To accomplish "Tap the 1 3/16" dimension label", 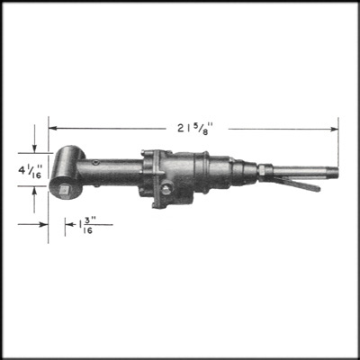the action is [x=87, y=226].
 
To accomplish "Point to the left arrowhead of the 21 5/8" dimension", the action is [x=52, y=128].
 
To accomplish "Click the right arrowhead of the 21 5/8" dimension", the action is [x=334, y=129].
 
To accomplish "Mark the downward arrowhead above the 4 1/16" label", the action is [x=34, y=148].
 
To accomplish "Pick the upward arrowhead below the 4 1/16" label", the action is [x=34, y=190].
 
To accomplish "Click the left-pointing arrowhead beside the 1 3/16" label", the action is [x=69, y=224].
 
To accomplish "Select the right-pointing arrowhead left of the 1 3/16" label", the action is [x=44, y=224].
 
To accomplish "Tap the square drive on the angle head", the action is [x=65, y=190].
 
